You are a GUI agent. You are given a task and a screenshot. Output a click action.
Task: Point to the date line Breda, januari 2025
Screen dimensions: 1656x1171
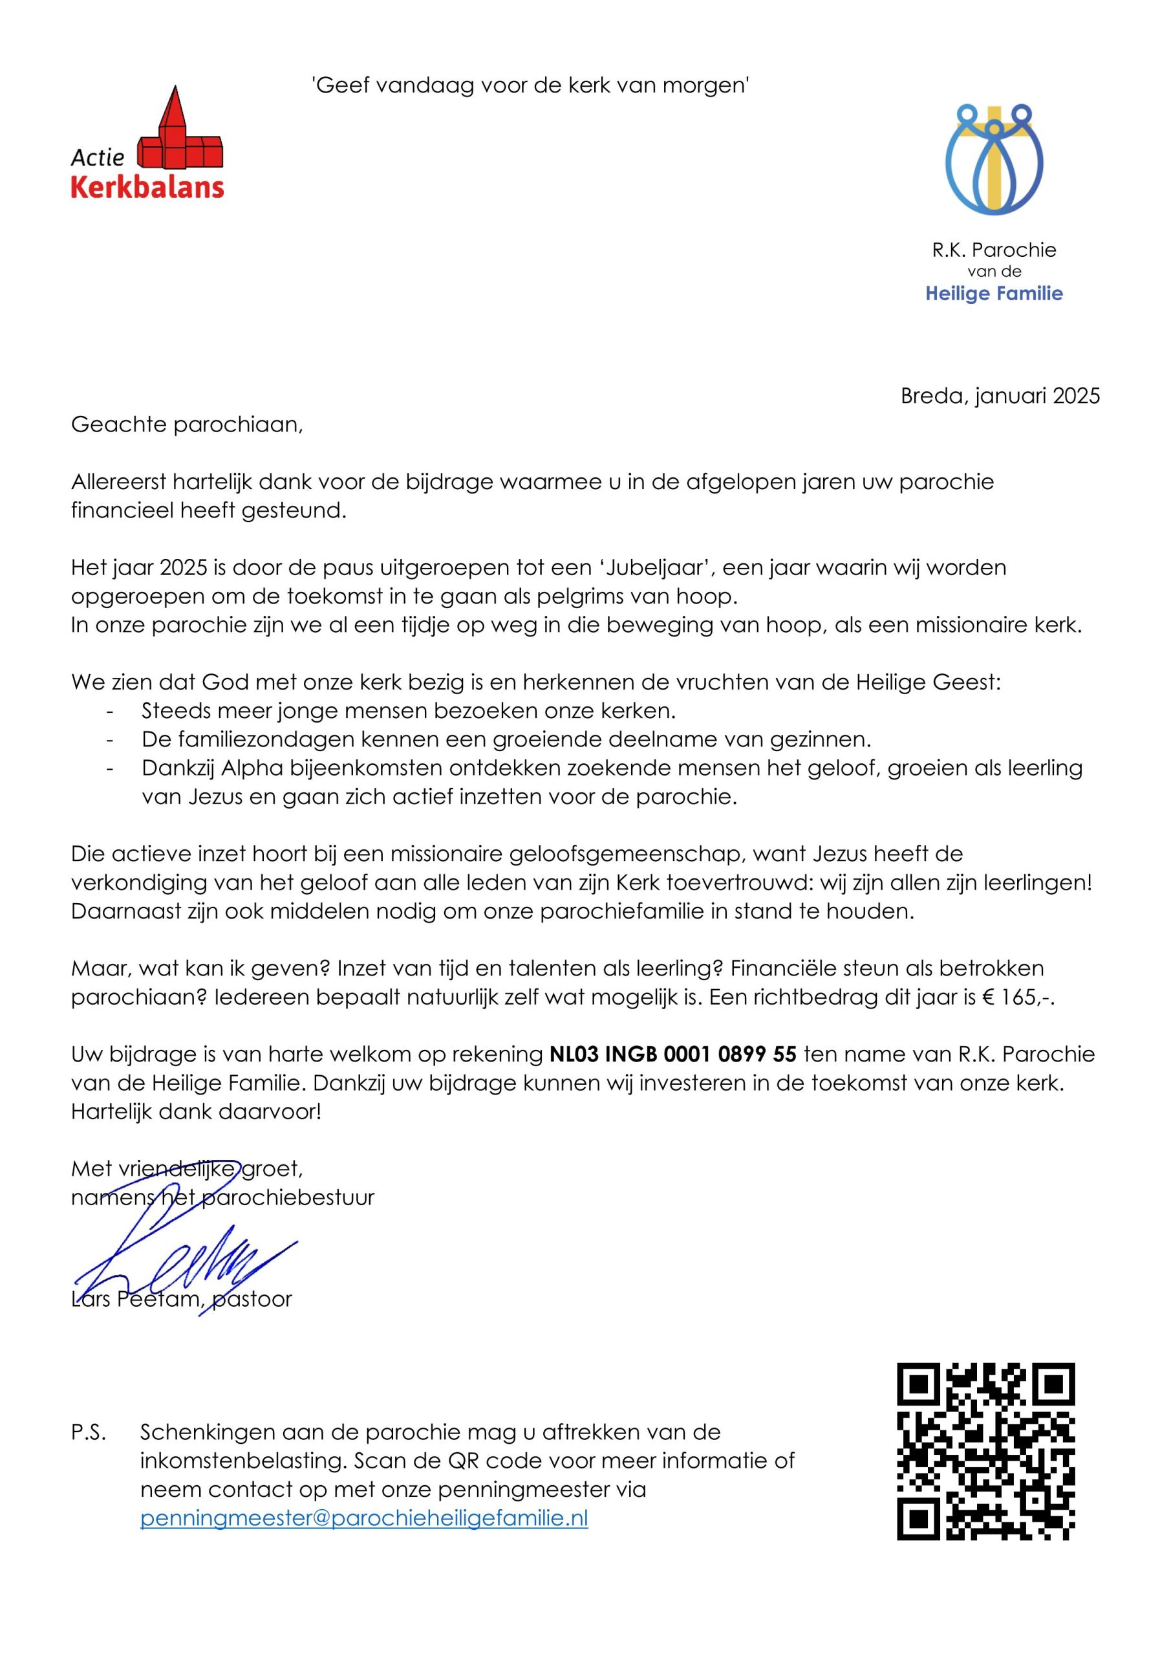pos(1000,396)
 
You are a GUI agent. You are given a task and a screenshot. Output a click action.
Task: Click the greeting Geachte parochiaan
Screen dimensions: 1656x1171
pos(187,424)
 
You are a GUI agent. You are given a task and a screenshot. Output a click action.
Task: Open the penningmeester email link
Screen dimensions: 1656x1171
pos(364,1518)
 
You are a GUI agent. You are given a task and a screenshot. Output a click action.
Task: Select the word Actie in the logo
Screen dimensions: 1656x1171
pos(98,157)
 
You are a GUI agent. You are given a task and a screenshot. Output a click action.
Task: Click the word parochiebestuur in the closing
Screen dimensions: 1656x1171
pos(286,1198)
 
